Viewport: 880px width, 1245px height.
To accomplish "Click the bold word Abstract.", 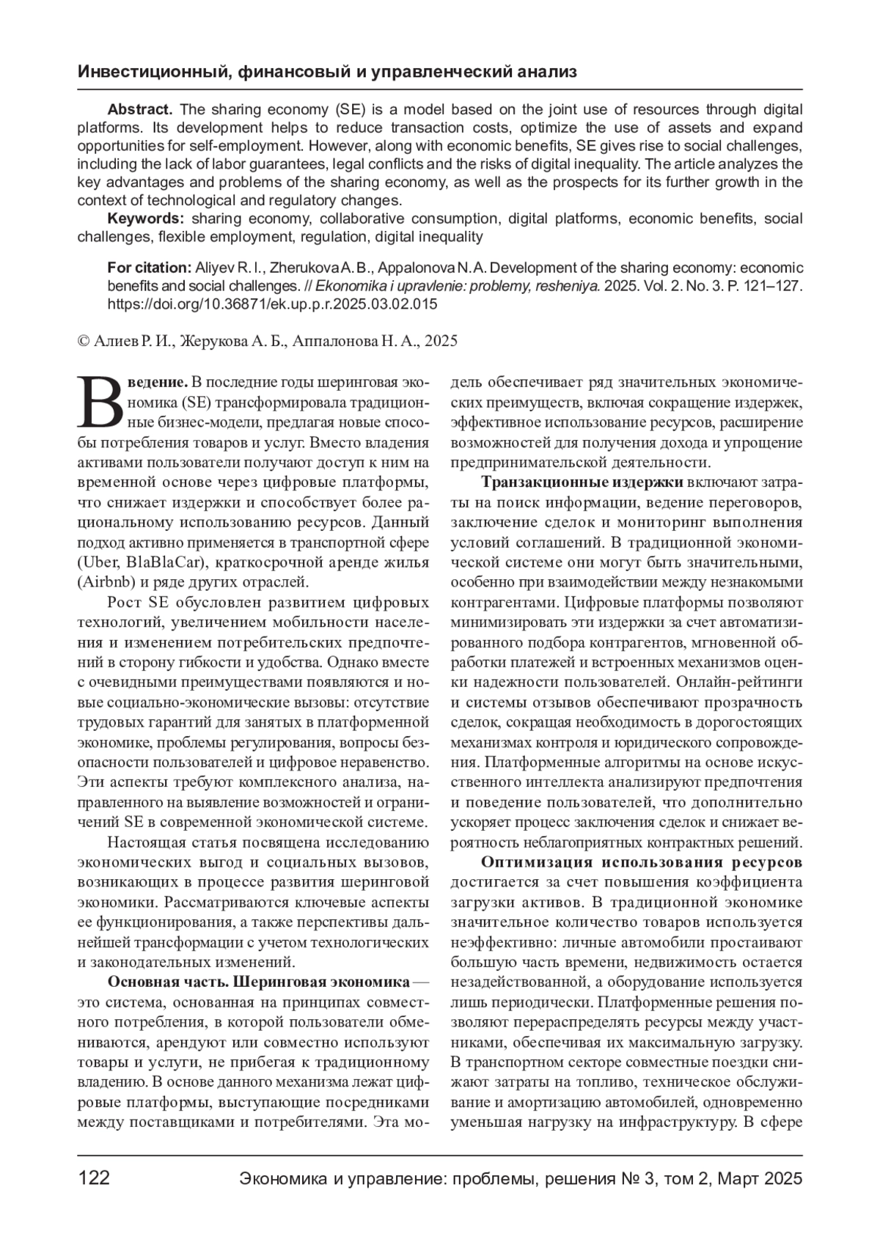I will (x=139, y=110).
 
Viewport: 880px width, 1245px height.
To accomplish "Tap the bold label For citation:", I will (x=149, y=268).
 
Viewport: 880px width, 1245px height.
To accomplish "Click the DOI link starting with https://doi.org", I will (x=272, y=304).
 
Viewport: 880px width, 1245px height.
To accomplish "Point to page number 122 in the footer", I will (x=94, y=1178).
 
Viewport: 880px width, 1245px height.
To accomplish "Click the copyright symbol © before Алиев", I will (x=84, y=341).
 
